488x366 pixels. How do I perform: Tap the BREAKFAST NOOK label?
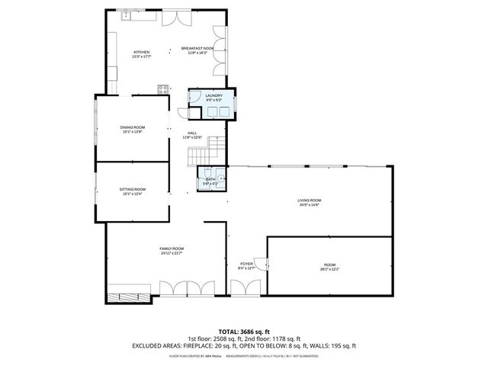197,48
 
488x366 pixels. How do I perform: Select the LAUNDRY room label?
213,95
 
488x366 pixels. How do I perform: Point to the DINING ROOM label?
132,127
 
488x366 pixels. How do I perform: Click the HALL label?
193,133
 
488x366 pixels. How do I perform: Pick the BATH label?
210,179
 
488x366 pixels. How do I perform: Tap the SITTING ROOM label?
132,189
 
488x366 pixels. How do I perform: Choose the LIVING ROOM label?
309,201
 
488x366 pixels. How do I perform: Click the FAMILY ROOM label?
172,249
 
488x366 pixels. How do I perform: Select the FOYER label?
247,264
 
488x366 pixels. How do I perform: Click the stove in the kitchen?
162,88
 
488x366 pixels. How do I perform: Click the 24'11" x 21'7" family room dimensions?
172,253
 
